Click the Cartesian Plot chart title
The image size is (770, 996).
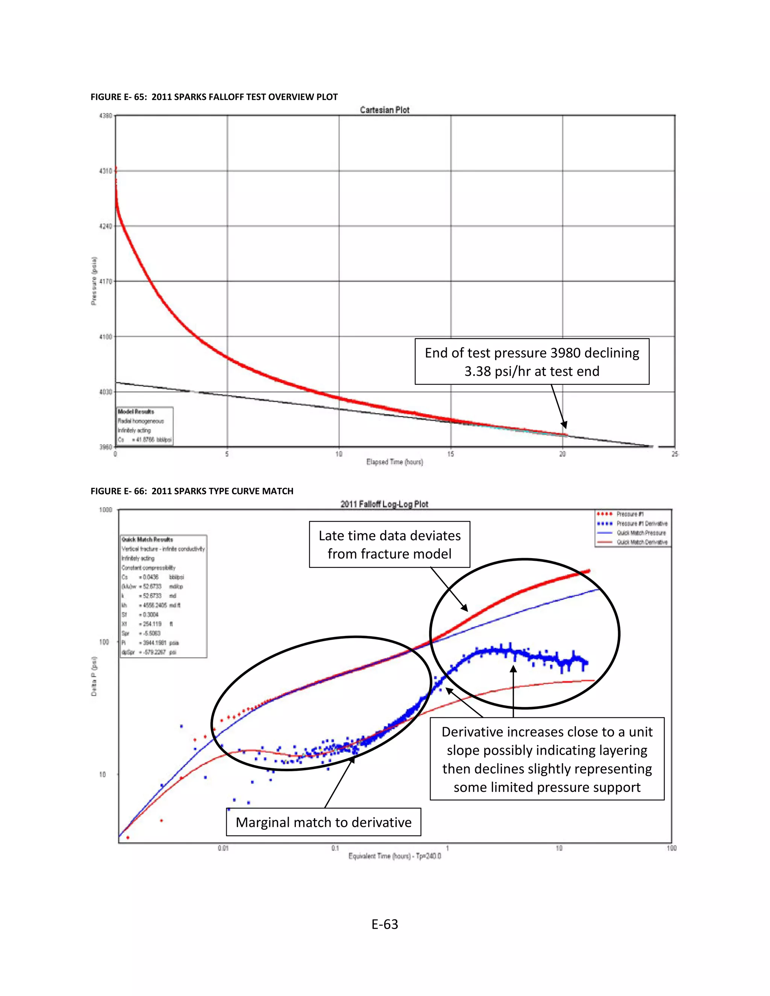point(385,110)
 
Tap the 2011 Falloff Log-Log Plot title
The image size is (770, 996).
point(384,504)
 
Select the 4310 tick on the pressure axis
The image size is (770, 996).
point(105,171)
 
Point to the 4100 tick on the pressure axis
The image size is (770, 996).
point(105,336)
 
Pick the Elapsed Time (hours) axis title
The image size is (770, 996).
point(394,462)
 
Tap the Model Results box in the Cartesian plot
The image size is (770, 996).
point(145,426)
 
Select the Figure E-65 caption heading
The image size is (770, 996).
point(214,97)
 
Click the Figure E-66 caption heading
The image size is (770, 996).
point(192,491)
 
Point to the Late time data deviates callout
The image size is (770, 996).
point(390,545)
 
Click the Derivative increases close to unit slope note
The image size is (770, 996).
point(547,759)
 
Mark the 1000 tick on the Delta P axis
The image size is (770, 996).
point(105,510)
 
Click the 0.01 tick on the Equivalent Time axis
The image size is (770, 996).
point(223,848)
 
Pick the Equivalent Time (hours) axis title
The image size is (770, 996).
point(394,856)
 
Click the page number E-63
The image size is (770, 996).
point(385,924)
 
